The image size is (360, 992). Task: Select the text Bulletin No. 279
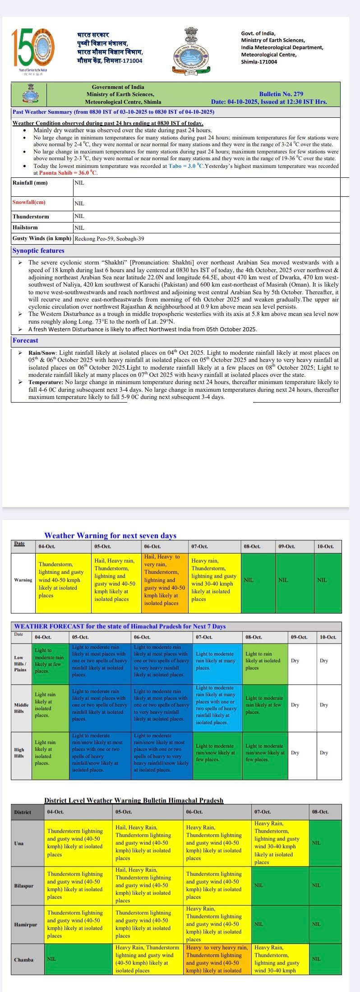281,94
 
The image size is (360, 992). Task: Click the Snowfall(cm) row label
29,203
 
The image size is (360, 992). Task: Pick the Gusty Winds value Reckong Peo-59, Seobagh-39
109,239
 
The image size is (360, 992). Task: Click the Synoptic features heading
38,251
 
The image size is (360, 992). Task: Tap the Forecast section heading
25,341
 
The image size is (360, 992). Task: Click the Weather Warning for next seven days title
110,536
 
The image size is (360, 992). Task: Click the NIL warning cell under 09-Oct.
283,580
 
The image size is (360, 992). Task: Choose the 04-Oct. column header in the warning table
47,547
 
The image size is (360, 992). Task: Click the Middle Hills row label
21,708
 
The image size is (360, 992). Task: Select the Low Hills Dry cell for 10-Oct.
324,661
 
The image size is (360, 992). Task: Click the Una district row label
19,843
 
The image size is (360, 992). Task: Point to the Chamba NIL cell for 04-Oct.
52,959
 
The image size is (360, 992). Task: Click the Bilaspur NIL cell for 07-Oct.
258,885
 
